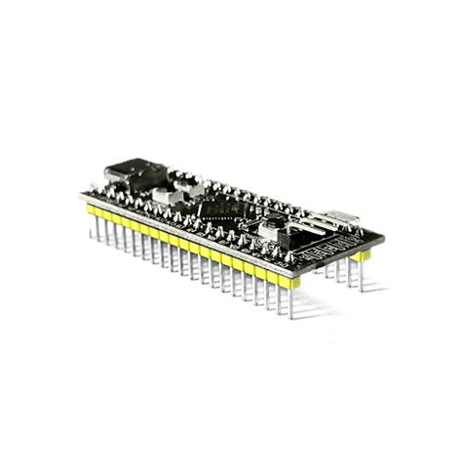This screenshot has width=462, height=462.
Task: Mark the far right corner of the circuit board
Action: point(383,235)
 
